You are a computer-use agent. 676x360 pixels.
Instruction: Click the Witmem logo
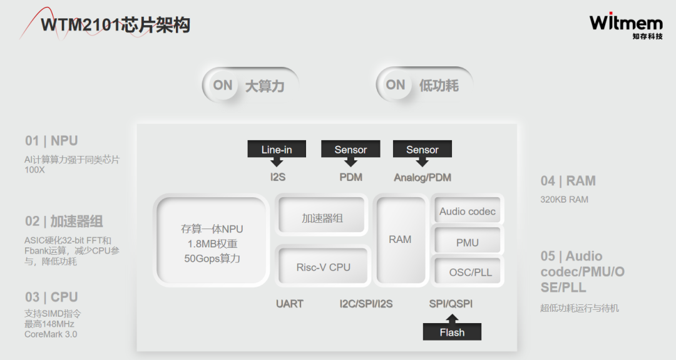click(625, 26)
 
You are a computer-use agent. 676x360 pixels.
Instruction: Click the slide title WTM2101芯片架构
click(115, 26)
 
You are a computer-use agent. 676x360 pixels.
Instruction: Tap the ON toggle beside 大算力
click(222, 85)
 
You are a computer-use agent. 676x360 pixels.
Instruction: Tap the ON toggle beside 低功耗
click(395, 85)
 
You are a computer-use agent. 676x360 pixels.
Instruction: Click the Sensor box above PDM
click(351, 149)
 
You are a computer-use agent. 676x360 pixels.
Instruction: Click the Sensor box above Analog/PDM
click(422, 149)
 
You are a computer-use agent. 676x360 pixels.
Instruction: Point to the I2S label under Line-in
click(277, 177)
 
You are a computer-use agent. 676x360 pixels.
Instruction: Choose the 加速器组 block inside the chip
click(322, 218)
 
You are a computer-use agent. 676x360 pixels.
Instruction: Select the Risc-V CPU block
click(323, 267)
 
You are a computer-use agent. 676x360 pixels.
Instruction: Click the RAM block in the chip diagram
click(400, 239)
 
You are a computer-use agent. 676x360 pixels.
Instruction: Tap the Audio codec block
click(467, 212)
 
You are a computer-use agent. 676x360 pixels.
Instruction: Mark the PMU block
click(467, 242)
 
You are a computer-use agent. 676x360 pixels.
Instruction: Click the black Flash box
click(452, 332)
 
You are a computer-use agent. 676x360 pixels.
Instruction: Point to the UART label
click(289, 304)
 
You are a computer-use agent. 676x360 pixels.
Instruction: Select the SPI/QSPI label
click(451, 304)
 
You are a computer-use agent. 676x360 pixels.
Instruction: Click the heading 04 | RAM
click(568, 181)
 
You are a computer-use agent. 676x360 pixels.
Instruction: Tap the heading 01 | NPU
click(51, 141)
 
